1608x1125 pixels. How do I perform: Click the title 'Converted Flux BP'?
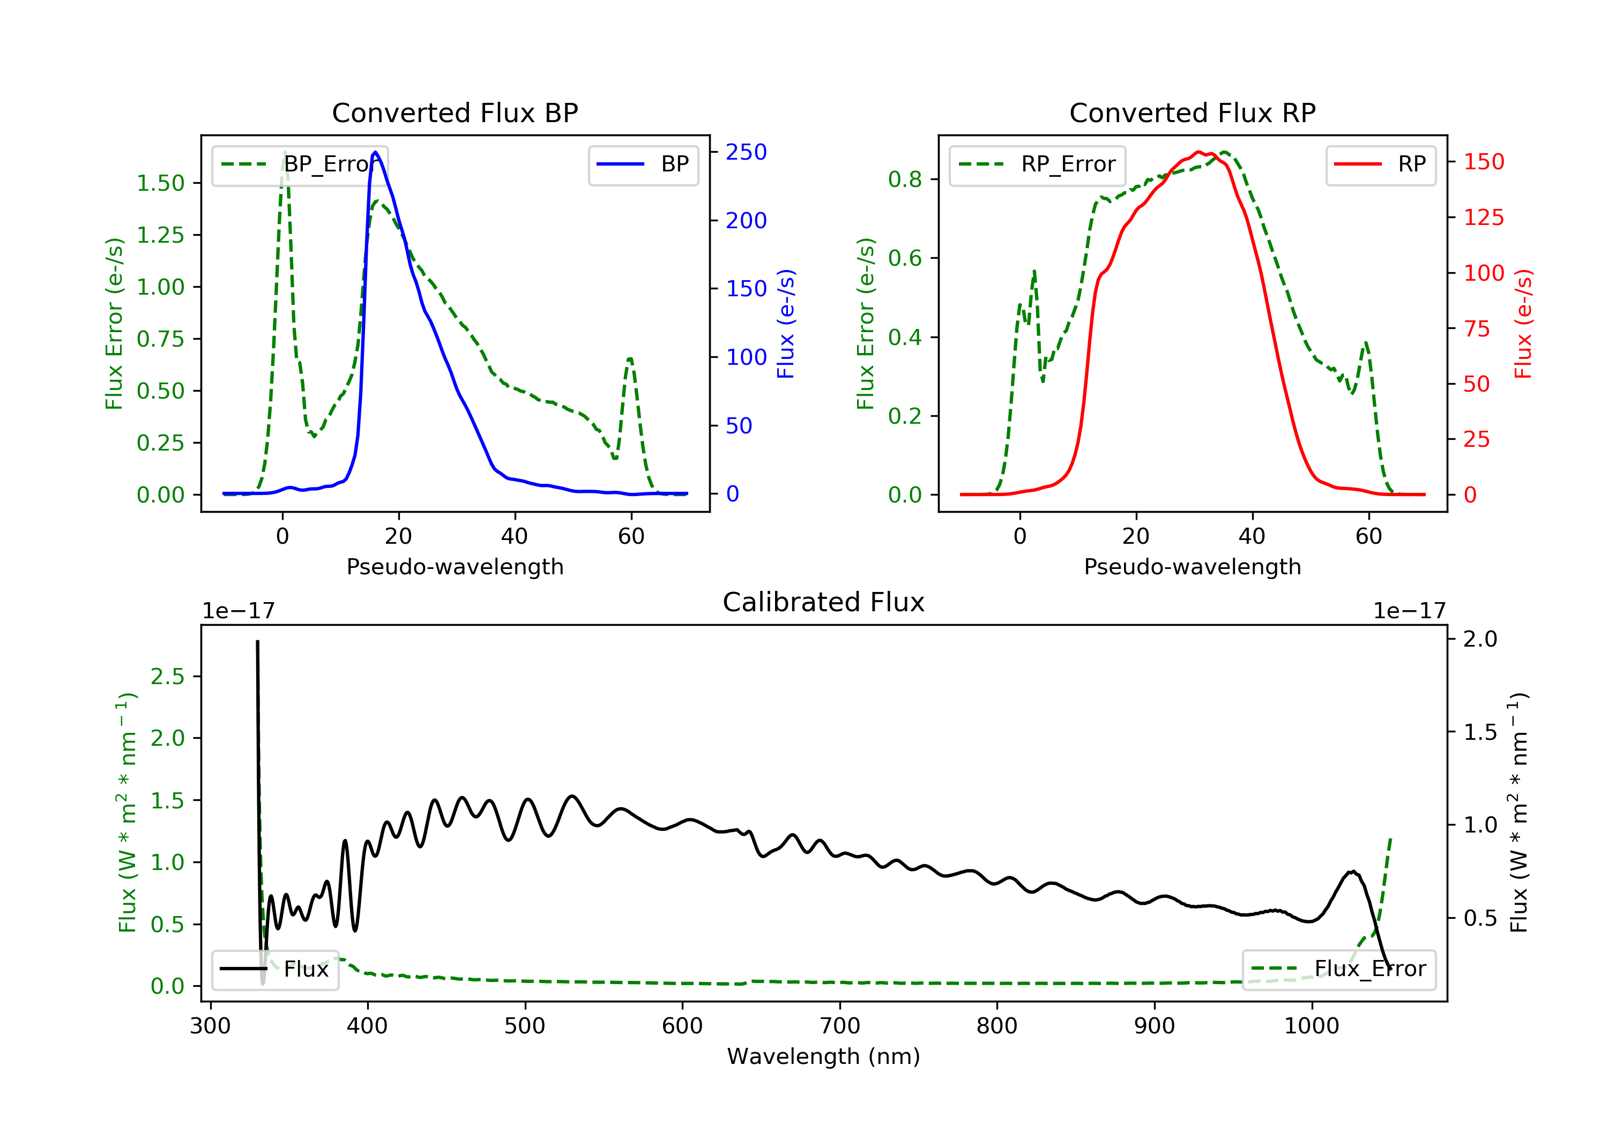click(x=455, y=112)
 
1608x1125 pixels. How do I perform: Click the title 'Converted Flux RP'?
click(x=1193, y=112)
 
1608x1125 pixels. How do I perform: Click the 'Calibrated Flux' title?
click(x=824, y=602)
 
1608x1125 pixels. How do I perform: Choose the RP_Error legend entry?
click(x=1037, y=164)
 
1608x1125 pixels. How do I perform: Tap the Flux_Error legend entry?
click(x=1338, y=969)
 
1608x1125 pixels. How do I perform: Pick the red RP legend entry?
click(x=1380, y=164)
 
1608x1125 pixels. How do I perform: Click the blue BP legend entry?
click(x=643, y=164)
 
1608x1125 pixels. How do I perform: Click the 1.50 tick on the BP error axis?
click(x=160, y=183)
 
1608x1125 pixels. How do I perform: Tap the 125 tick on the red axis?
click(x=1483, y=217)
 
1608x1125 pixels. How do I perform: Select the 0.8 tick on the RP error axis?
click(x=904, y=179)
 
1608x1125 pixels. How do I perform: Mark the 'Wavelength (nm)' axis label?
click(x=824, y=1056)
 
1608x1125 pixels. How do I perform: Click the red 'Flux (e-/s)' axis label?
click(x=1524, y=324)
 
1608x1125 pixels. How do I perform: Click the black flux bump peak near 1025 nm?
click(x=1353, y=872)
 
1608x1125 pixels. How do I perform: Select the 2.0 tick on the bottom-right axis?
click(x=1480, y=639)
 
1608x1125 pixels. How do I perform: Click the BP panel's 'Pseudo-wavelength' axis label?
click(x=455, y=566)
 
